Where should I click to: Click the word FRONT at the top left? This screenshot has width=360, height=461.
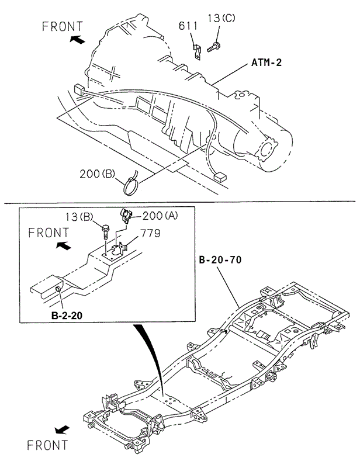tap(64, 26)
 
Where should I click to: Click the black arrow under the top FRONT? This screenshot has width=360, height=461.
tap(77, 40)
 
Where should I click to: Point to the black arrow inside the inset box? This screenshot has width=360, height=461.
tap(61, 246)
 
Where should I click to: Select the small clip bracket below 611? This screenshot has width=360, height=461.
tap(197, 49)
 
